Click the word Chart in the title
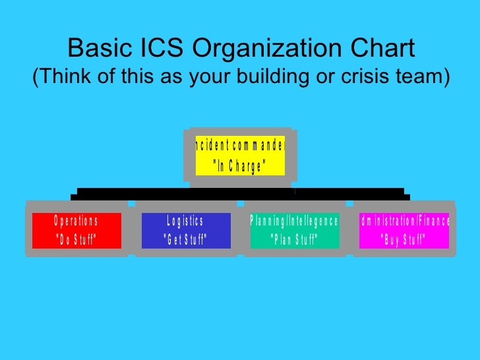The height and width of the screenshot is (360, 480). [x=382, y=48]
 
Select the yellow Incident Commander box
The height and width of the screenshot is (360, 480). [x=240, y=156]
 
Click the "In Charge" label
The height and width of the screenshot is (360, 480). [x=240, y=167]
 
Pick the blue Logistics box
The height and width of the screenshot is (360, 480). [x=185, y=230]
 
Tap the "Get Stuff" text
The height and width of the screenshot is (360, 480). [x=185, y=240]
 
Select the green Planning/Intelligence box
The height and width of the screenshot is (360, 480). [x=294, y=230]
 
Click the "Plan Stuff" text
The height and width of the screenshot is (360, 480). [x=294, y=240]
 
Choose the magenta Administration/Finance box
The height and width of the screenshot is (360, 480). [x=404, y=230]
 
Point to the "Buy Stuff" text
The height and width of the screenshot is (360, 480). [x=404, y=240]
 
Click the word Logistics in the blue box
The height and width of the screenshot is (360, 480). [x=185, y=221]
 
